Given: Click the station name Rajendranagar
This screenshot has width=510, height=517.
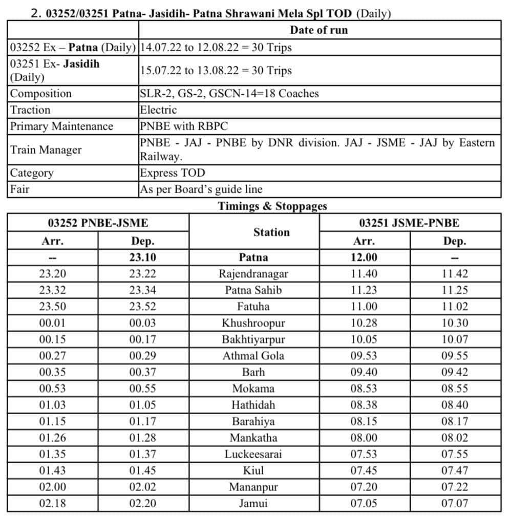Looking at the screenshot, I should [x=253, y=274].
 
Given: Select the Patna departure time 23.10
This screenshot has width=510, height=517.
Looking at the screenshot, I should [x=143, y=257].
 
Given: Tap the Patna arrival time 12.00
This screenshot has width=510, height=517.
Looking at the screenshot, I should [x=364, y=257].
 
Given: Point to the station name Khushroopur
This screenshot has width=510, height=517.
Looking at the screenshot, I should [x=253, y=323].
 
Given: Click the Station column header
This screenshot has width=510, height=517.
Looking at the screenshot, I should [x=271, y=232].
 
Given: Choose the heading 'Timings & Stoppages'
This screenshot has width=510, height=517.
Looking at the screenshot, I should [x=272, y=206].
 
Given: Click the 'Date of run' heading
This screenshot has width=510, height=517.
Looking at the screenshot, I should [x=318, y=30].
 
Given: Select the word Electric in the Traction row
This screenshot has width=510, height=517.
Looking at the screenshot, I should [x=158, y=110].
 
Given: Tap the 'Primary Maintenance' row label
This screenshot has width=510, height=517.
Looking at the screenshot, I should [x=61, y=126].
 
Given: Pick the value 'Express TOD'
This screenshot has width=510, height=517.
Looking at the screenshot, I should [x=172, y=173].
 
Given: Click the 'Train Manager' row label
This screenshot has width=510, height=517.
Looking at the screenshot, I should [x=46, y=150].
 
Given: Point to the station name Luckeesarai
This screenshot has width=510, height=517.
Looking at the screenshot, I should [x=253, y=454].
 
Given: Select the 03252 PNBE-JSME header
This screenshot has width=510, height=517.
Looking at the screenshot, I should [x=98, y=223].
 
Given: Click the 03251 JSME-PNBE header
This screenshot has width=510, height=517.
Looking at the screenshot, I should [x=409, y=223].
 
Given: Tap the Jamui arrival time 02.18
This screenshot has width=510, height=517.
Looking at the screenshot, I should [x=53, y=503].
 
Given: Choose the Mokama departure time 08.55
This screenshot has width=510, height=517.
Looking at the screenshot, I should [x=455, y=389].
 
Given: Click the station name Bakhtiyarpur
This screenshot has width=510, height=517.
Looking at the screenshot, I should [x=253, y=339].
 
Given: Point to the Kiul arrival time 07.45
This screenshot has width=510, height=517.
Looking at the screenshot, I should [x=364, y=470].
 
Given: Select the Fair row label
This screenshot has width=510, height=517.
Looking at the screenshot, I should [x=20, y=189].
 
